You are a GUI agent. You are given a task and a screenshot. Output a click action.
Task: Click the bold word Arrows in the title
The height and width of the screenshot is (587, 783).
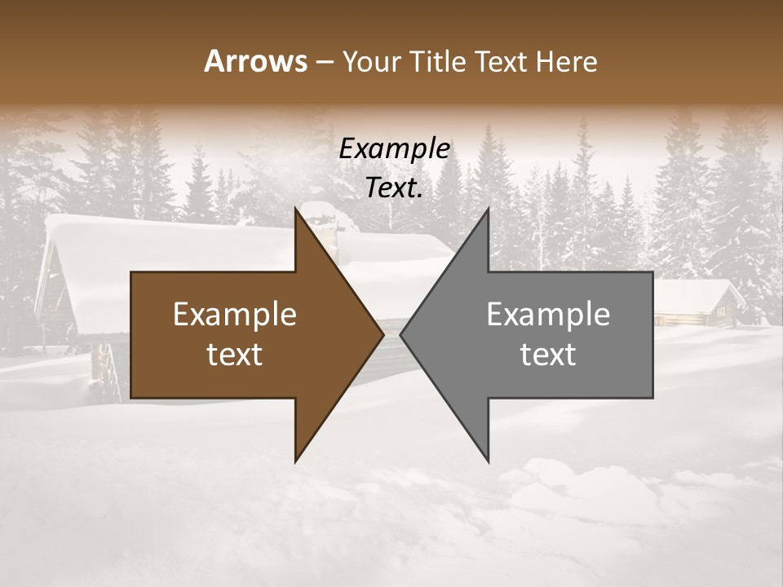click(255, 62)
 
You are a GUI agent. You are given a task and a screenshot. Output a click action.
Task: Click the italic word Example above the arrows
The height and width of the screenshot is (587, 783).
click(394, 149)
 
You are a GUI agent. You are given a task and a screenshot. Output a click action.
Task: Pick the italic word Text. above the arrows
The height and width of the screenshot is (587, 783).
click(394, 188)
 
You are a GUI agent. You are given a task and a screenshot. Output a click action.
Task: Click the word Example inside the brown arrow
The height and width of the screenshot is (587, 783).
click(235, 315)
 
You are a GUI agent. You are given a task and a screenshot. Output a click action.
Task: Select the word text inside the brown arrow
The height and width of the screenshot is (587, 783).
click(235, 355)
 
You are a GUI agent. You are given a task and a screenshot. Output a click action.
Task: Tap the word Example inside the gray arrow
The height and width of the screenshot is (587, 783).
click(548, 315)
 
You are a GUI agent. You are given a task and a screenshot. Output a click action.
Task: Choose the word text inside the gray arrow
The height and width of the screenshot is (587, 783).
click(548, 355)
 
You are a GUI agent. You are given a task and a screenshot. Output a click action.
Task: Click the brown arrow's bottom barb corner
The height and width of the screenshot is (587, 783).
click(296, 460)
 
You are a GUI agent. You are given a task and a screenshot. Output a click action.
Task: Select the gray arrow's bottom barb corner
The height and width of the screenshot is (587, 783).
click(488, 460)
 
